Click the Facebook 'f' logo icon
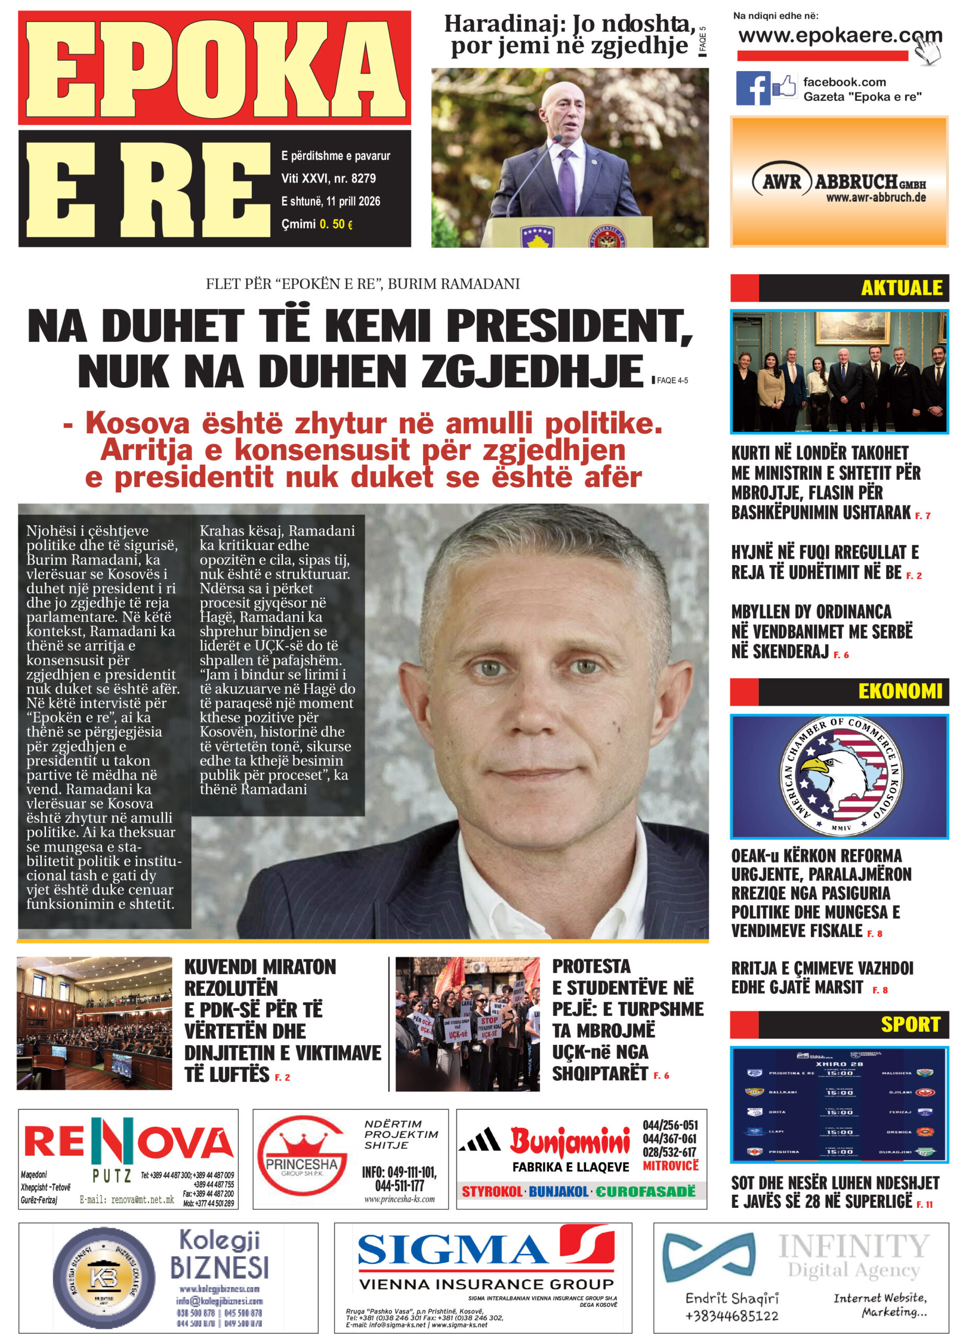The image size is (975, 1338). [x=752, y=88]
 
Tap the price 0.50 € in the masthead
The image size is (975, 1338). [x=336, y=224]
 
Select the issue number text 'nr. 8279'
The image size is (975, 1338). [x=354, y=178]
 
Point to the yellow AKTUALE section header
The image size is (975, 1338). [x=901, y=288]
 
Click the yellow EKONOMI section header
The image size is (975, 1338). [x=899, y=691]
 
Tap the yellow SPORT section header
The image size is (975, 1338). [x=910, y=1024]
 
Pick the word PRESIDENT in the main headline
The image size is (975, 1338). [x=568, y=326]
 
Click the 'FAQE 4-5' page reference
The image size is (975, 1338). [x=671, y=380]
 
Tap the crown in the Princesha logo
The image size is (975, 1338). [x=301, y=1145]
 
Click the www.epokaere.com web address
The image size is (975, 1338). [x=839, y=36]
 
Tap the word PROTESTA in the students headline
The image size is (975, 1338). [x=591, y=966]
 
